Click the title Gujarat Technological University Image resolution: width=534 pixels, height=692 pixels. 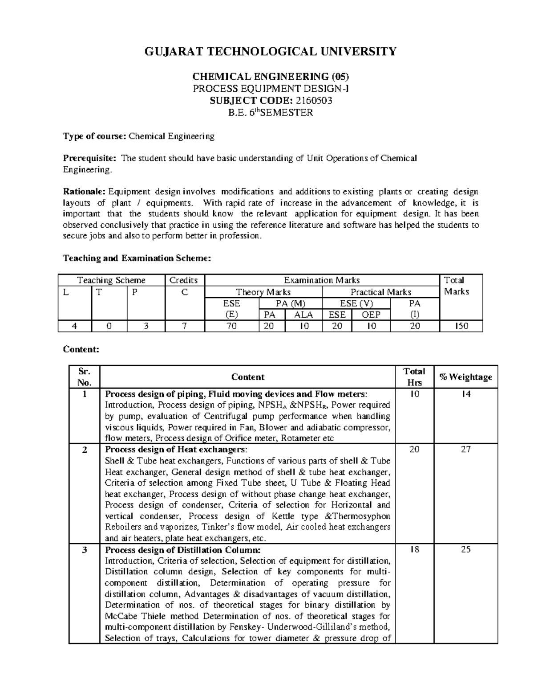click(270, 52)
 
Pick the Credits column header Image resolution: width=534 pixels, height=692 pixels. click(183, 280)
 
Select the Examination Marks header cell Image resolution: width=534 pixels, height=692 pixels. click(321, 280)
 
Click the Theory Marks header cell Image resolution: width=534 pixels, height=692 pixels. click(263, 292)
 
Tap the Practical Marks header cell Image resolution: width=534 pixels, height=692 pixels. click(380, 292)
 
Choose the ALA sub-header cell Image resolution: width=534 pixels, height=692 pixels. click(304, 315)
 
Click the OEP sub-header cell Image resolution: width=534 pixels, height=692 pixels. click(371, 315)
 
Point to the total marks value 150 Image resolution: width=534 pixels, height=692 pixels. click(461, 326)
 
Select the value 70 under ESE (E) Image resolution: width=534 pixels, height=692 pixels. click(231, 326)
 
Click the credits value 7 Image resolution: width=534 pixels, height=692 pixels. click(184, 326)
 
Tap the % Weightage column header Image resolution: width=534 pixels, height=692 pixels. click(465, 377)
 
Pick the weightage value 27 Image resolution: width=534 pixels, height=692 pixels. click(465, 450)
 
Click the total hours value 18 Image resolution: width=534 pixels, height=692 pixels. click(414, 550)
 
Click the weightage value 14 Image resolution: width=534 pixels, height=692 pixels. click(465, 394)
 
